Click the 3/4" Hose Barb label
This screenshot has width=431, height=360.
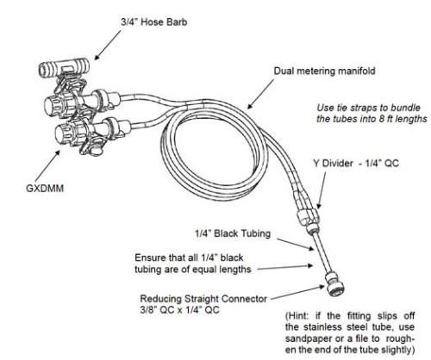153,22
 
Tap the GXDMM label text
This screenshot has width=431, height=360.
45,189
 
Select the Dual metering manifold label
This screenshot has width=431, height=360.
324,71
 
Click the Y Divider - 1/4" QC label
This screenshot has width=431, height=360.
356,164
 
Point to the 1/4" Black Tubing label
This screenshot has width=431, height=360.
233,233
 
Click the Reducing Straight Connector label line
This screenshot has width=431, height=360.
203,299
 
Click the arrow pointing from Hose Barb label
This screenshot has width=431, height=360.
108,45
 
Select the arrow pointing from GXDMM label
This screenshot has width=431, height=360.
48,165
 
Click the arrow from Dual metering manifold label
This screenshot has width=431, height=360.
260,94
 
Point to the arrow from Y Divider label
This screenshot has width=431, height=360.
322,190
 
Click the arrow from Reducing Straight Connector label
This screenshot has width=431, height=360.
298,292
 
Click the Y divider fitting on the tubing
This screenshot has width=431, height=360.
307,216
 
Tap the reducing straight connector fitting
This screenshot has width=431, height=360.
334,285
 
